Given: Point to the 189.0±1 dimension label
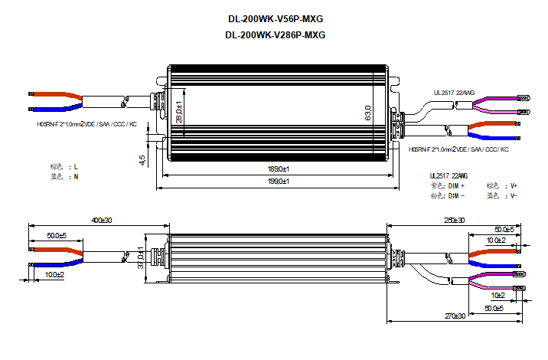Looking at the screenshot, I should [277, 169].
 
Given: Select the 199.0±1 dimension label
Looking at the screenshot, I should [277, 181].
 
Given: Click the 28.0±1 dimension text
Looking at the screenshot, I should [178, 113].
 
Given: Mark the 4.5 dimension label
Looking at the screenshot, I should [142, 159].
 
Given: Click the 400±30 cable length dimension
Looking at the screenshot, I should [102, 221].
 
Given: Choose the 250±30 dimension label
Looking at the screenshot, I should [454, 221].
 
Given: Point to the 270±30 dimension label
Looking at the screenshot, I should [455, 316].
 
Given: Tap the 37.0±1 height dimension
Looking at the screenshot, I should [141, 257].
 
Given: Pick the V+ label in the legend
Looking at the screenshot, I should [514, 186].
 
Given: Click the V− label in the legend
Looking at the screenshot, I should [514, 196].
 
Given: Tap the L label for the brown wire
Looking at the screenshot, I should [75, 166].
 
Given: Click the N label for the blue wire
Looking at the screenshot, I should [75, 177].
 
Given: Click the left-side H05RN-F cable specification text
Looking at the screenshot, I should [86, 124].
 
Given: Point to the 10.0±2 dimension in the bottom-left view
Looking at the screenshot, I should [54, 274].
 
